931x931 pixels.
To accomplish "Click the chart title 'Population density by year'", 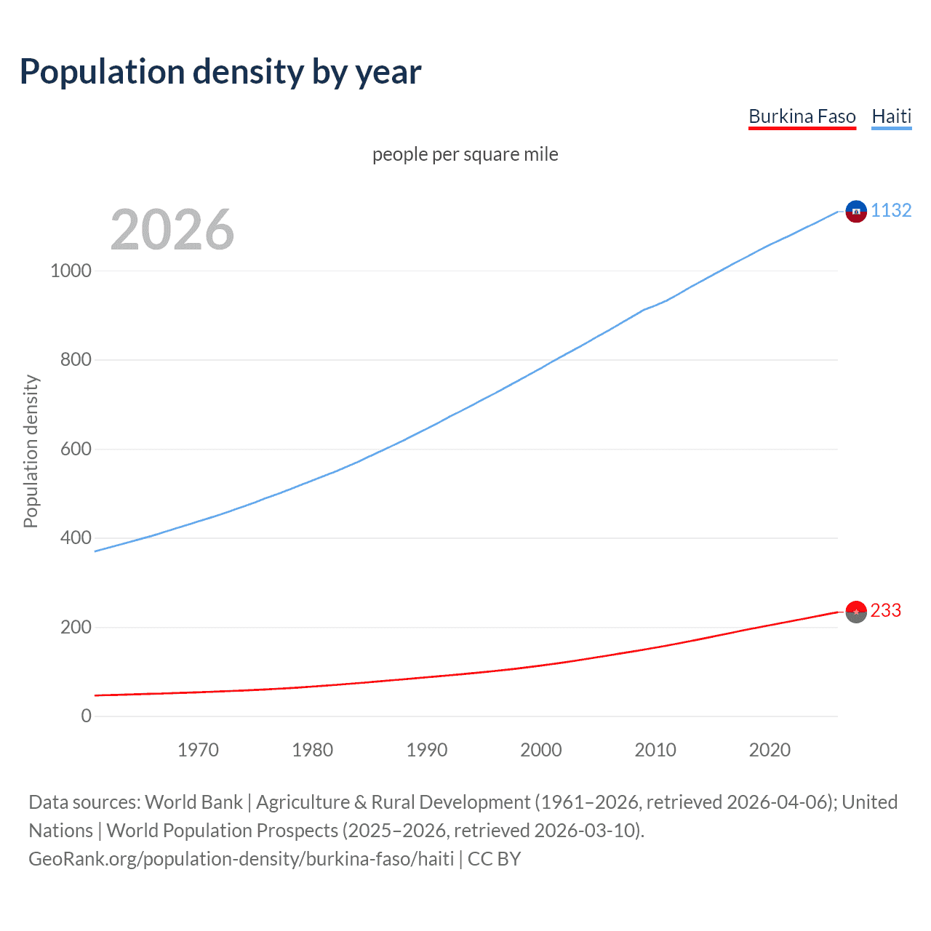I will click(x=220, y=72).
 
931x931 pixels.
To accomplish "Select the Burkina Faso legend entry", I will click(x=802, y=116).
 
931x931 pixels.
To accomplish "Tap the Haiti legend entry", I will click(x=891, y=116).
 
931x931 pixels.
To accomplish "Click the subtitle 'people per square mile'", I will click(x=465, y=154).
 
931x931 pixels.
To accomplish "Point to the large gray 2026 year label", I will click(x=172, y=230).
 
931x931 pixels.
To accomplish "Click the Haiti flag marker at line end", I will click(x=856, y=211).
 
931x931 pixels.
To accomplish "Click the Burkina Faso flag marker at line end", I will click(x=856, y=612).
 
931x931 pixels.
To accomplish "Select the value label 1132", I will click(x=891, y=210).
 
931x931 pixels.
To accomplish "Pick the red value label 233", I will click(x=885, y=610).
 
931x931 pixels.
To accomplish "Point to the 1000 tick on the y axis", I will click(x=71, y=271).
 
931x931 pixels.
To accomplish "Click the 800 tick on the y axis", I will click(x=76, y=359).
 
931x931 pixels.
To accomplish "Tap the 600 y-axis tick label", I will click(x=76, y=449).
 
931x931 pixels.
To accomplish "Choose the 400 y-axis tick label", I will click(x=76, y=538).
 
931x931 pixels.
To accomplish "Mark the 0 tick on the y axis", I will click(x=87, y=716).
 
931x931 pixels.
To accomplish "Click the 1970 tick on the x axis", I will click(x=198, y=750).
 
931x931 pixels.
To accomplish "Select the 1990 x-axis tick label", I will click(x=427, y=750).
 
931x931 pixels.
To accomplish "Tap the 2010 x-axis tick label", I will click(x=655, y=750).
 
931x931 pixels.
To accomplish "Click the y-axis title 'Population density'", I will click(x=31, y=451).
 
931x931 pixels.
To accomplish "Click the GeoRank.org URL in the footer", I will click(x=241, y=859).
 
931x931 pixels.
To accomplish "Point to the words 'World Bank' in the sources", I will click(x=193, y=802).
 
